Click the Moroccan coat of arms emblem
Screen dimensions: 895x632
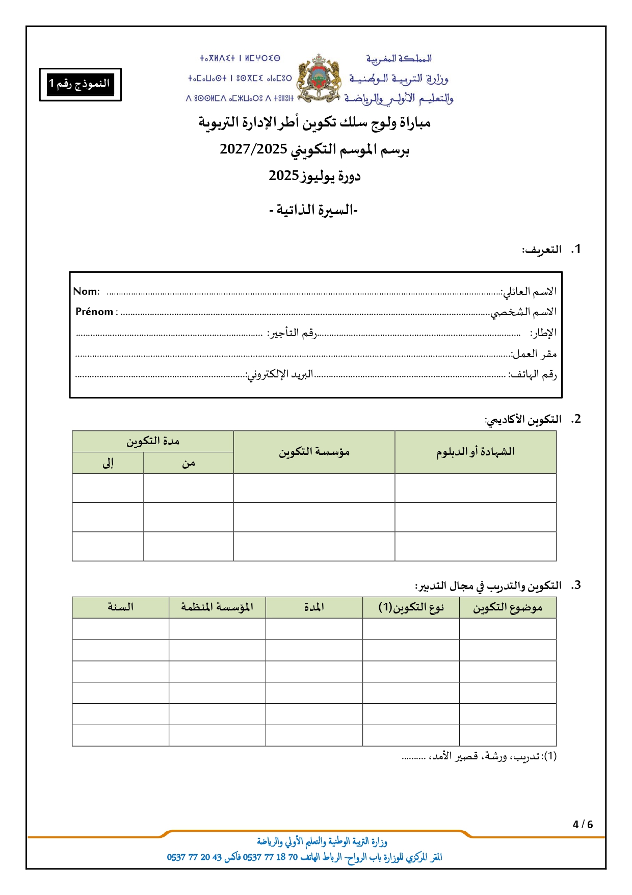click(319, 79)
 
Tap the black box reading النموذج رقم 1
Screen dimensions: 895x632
click(80, 84)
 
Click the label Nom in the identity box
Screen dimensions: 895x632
click(86, 291)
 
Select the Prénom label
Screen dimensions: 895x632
click(95, 312)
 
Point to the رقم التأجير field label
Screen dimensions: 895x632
click(292, 333)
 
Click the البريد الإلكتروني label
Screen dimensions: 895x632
click(280, 374)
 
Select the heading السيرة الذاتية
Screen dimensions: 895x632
click(314, 210)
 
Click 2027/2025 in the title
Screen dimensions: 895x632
click(253, 149)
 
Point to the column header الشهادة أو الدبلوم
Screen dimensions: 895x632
click(475, 452)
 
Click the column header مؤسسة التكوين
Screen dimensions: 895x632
click(314, 452)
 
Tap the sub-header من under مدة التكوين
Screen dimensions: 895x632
click(189, 463)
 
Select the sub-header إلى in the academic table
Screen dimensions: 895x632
click(108, 463)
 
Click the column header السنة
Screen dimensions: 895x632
click(120, 607)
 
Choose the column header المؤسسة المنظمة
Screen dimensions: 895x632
click(217, 607)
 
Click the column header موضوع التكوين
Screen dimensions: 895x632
click(507, 607)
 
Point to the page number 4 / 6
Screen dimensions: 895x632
click(583, 825)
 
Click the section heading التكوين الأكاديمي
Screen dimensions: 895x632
click(523, 420)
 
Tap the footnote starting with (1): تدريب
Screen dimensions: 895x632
click(479, 756)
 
